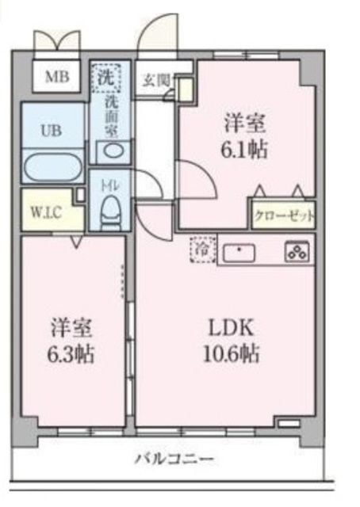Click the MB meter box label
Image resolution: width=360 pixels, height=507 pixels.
tap(56, 77)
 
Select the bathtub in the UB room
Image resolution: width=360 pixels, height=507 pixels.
tap(52, 167)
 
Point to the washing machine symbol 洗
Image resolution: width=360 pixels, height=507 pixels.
tap(106, 77)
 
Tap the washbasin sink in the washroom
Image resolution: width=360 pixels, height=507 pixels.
tap(111, 151)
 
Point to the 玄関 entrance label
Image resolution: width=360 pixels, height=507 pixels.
tap(155, 80)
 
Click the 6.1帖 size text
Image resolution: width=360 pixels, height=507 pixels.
tap(244, 149)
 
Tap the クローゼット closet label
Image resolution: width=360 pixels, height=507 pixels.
tap(283, 215)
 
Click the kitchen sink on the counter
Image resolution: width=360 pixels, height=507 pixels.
tap(239, 253)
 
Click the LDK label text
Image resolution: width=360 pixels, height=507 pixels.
tap(230, 326)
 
